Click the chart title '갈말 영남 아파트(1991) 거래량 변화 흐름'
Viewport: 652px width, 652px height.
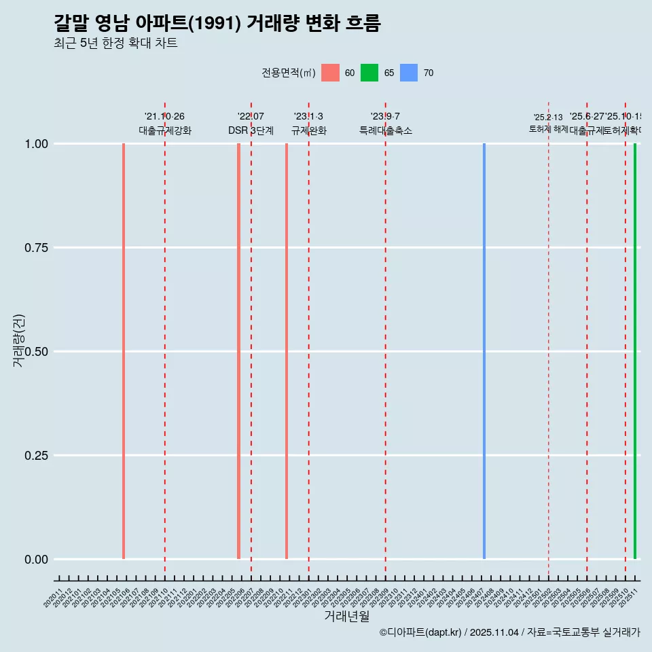coord(217,24)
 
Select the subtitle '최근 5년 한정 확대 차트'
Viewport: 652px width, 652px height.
coord(115,43)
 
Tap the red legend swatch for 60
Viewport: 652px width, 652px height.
coord(330,73)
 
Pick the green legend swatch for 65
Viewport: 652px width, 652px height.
coord(369,73)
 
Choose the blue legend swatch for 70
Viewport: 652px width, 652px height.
coord(409,73)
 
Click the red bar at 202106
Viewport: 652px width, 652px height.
coord(124,351)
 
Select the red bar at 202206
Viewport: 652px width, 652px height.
coord(239,351)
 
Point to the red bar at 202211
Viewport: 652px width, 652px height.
coord(287,351)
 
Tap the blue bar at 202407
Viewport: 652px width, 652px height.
coord(484,351)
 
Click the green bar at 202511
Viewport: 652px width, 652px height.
coord(635,351)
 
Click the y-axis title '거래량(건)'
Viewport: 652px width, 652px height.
coord(19,341)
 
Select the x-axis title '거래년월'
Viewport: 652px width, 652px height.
coord(346,617)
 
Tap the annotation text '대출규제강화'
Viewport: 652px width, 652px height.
coord(165,131)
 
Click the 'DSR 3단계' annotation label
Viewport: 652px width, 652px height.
coord(251,131)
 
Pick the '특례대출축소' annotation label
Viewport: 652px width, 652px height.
coord(386,131)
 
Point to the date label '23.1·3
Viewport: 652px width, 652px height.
coord(308,117)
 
